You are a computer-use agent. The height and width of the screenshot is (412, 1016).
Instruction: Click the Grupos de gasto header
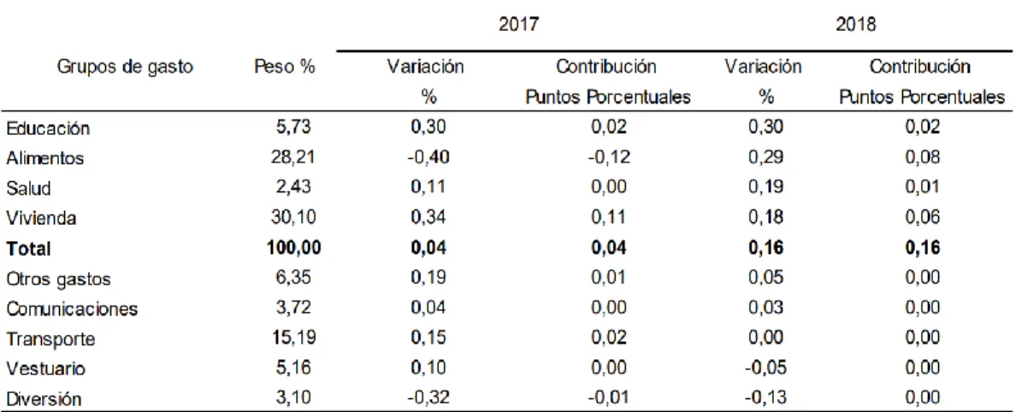pyautogui.click(x=126, y=67)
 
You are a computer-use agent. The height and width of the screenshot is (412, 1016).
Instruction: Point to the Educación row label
pyautogui.click(x=48, y=128)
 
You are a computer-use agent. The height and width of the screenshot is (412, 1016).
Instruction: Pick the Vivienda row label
pyautogui.click(x=41, y=218)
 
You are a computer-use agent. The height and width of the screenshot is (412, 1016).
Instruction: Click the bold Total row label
pyautogui.click(x=28, y=248)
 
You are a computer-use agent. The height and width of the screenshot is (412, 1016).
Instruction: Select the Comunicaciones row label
pyautogui.click(x=72, y=309)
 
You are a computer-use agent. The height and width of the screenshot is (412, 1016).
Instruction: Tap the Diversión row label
pyautogui.click(x=44, y=399)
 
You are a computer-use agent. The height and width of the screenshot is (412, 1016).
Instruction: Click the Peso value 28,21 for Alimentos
pyautogui.click(x=292, y=158)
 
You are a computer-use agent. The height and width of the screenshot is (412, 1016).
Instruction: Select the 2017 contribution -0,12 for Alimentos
pyautogui.click(x=608, y=158)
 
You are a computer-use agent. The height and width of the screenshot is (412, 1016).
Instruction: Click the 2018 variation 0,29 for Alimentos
pyautogui.click(x=766, y=158)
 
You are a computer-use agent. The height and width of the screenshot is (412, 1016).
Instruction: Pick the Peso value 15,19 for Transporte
pyautogui.click(x=292, y=338)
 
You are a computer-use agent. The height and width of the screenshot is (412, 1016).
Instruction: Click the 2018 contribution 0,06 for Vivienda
pyautogui.click(x=921, y=218)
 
